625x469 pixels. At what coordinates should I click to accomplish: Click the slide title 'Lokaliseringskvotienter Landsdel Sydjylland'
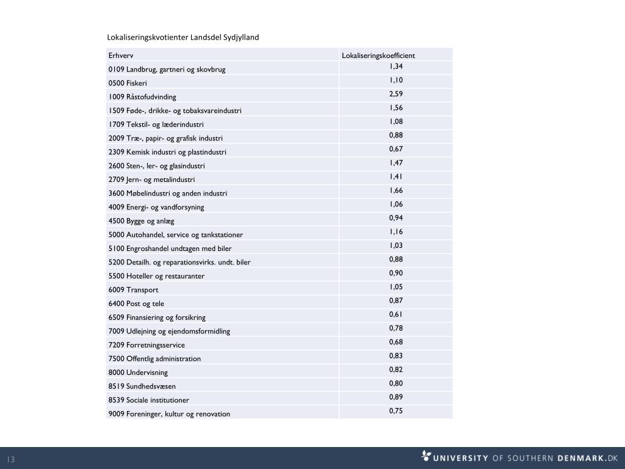(x=183, y=37)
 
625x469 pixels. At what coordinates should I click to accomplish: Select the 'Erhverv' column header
(x=121, y=56)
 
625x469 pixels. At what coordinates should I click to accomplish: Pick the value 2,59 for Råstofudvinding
(x=396, y=94)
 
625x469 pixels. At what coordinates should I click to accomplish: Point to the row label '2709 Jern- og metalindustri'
(x=151, y=180)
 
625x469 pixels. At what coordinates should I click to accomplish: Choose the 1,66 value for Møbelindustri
(x=396, y=191)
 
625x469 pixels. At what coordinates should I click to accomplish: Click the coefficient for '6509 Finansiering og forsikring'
(x=396, y=314)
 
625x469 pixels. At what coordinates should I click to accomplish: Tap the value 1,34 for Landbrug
(x=396, y=67)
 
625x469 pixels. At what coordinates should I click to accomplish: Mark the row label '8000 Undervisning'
(x=138, y=373)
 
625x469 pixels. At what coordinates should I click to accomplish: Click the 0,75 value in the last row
(x=396, y=411)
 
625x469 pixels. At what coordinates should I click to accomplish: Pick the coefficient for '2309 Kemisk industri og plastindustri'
(x=396, y=149)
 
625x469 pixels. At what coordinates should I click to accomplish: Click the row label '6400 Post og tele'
(x=136, y=304)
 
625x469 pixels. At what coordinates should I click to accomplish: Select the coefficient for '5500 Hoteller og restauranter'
(x=396, y=273)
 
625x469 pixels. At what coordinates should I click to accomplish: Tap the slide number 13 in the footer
(x=11, y=459)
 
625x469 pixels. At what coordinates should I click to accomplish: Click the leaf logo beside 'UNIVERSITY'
(x=426, y=456)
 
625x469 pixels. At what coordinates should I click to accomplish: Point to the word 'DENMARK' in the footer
(x=579, y=458)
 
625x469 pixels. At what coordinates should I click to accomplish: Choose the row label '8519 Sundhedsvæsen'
(x=142, y=387)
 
